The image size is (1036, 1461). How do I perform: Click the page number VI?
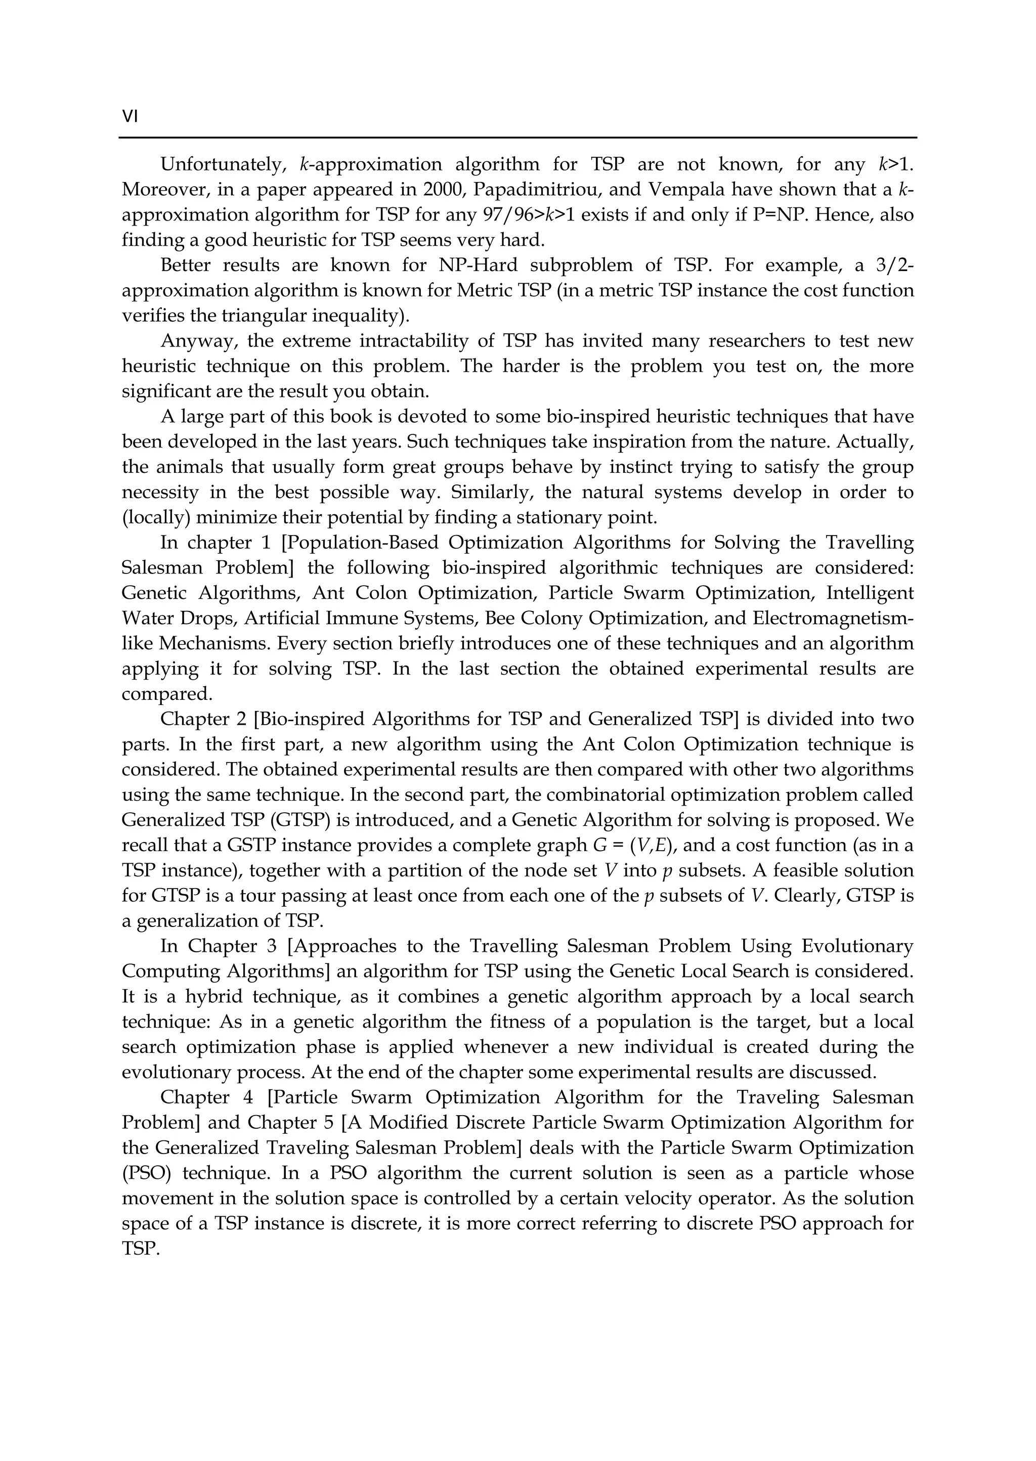(129, 117)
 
